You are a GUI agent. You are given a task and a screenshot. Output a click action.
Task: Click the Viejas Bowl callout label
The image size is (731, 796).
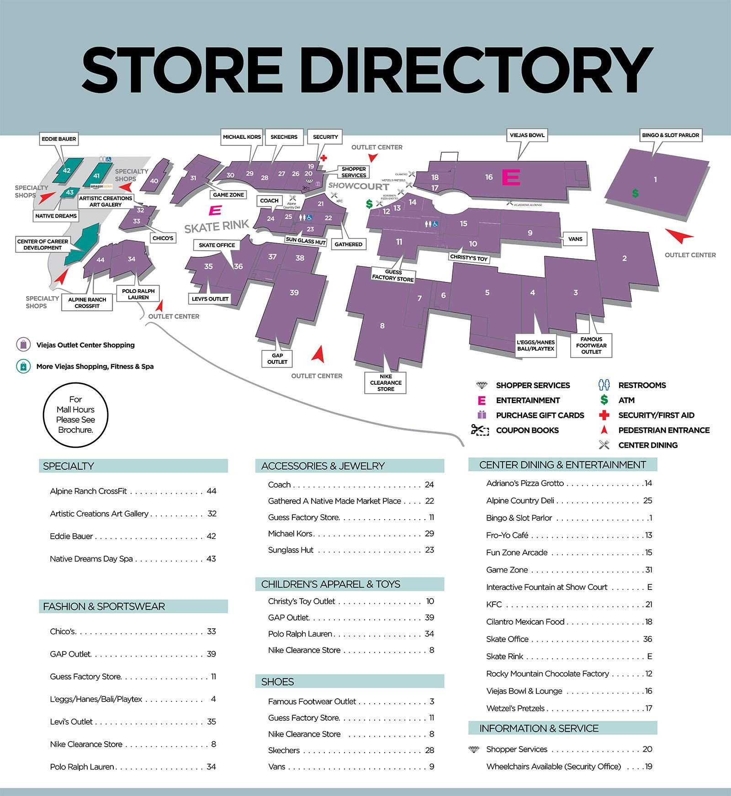[x=527, y=135]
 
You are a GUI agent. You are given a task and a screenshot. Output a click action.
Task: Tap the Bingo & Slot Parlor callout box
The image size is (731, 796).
[x=670, y=135]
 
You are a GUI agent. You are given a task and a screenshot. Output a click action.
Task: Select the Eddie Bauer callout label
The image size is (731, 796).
[x=58, y=139]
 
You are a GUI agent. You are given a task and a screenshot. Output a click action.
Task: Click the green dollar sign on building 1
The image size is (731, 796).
[x=635, y=193]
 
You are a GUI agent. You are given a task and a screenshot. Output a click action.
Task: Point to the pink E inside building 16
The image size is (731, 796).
[x=511, y=177]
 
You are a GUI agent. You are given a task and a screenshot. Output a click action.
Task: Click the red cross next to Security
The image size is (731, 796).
[x=323, y=158]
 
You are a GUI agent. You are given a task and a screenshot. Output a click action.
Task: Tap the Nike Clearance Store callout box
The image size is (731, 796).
[x=386, y=383]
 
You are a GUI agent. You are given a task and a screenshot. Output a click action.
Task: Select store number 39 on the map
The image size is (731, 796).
[x=294, y=292]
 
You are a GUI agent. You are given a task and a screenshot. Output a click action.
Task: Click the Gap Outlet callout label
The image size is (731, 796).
[x=277, y=358]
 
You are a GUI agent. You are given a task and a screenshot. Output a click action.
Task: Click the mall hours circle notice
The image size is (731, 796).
[x=75, y=414]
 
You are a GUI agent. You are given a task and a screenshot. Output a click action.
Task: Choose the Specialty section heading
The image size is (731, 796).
[x=69, y=466]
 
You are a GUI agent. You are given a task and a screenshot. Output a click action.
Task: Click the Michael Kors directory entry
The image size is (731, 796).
[x=291, y=533]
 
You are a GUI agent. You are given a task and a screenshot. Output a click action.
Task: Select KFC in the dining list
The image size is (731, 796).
[x=494, y=604]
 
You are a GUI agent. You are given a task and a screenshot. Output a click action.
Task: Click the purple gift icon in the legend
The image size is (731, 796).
[x=481, y=415]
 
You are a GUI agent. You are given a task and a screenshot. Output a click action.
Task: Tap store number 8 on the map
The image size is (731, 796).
[x=382, y=326]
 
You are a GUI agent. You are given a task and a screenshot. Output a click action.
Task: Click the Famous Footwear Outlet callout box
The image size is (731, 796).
[x=591, y=345]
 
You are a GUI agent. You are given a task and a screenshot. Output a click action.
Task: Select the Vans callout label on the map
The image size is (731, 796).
[x=575, y=239]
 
